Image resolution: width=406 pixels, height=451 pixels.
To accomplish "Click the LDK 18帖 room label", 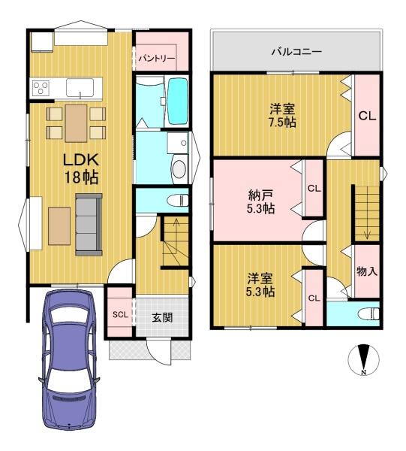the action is tap(81, 168).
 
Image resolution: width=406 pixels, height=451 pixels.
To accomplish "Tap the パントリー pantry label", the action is tap(157, 59).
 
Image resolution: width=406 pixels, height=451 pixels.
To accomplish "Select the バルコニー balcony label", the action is tap(296, 52).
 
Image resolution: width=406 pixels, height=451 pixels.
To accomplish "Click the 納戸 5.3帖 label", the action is tap(260, 202).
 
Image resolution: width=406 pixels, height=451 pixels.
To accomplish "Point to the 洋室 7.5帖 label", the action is tap(283, 116).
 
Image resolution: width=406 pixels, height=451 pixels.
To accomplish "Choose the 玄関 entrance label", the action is tap(162, 317).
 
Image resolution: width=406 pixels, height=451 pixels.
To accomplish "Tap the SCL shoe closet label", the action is tap(120, 315).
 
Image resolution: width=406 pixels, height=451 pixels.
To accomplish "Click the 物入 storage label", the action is tap(367, 271).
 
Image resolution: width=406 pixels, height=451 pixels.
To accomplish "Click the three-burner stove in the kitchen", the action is tap(41, 87).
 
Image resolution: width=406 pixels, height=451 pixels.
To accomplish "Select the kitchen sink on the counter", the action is tap(80, 88).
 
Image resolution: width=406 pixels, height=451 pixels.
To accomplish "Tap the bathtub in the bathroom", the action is tap(178, 101).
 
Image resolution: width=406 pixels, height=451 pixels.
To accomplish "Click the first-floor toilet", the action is tap(178, 200).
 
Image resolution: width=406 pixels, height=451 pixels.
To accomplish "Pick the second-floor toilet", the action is tap(369, 313).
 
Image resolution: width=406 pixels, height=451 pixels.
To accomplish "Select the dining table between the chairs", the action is tap(76, 123).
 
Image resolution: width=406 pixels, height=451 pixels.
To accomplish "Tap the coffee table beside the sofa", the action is tap(59, 226).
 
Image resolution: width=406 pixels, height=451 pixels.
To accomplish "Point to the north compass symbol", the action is tap(364, 360).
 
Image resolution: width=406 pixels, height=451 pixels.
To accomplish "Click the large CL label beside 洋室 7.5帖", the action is tap(367, 117).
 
